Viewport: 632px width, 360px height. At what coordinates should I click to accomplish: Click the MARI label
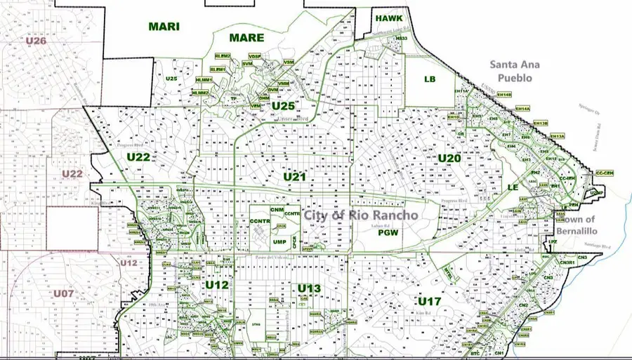tap(164, 27)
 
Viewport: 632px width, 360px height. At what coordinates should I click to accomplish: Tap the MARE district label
tap(246, 37)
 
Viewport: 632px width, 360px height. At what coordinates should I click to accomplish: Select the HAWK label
tap(388, 18)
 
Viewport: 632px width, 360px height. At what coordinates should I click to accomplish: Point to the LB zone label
tap(430, 79)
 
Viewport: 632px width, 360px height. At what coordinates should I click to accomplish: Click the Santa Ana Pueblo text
tap(515, 72)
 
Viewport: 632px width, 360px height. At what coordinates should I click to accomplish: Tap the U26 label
tap(36, 41)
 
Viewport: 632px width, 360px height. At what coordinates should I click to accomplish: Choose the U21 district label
tap(295, 177)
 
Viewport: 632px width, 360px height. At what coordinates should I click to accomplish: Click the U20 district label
tap(449, 159)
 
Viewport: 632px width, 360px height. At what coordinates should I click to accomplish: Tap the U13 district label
tap(309, 288)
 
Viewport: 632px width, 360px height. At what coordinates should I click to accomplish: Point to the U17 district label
tap(429, 301)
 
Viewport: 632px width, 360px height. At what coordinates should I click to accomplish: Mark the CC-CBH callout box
tap(604, 173)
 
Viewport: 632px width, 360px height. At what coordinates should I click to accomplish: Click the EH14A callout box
tap(522, 109)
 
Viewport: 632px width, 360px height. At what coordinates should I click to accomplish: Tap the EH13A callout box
tap(557, 136)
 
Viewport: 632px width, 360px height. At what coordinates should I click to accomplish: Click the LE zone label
tap(513, 187)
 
